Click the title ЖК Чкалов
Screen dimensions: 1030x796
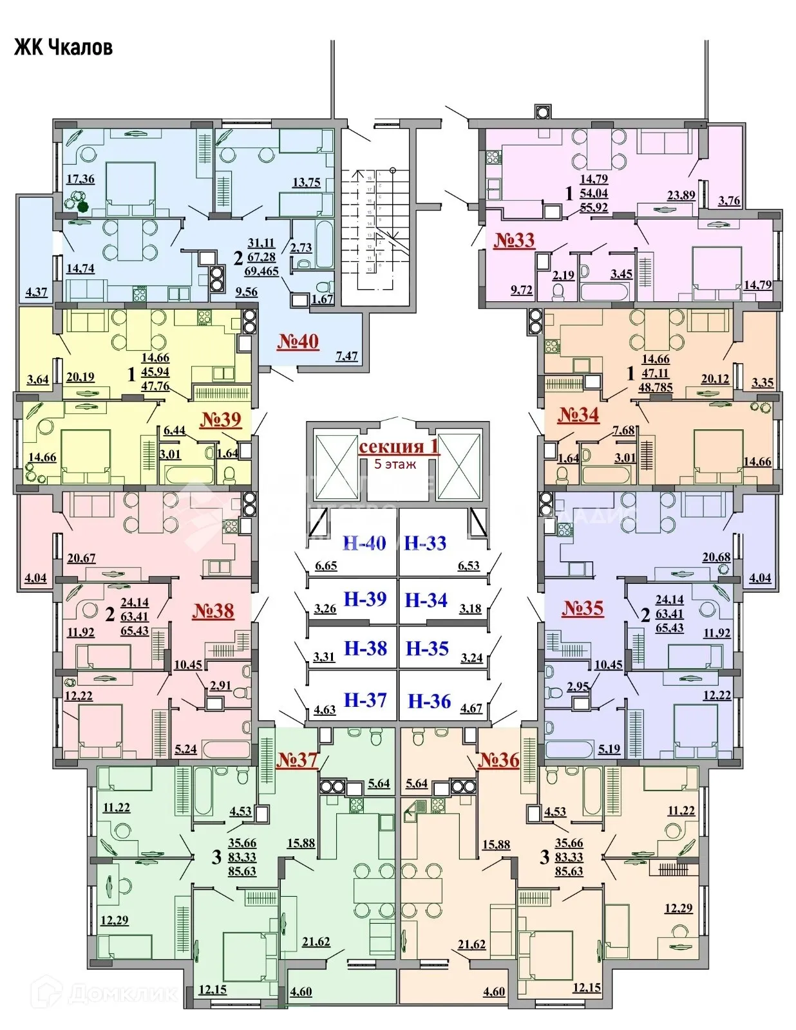[63, 48]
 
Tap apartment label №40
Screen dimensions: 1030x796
[298, 341]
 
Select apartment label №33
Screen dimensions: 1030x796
[514, 240]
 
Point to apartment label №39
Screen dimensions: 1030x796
[220, 420]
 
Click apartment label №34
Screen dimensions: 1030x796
[578, 415]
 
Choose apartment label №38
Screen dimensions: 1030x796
[213, 610]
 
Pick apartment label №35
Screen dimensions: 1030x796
[583, 608]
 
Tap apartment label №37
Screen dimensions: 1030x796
[297, 760]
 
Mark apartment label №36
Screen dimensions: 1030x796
[498, 760]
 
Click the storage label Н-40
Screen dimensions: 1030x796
[365, 543]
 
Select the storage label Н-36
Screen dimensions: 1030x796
[430, 701]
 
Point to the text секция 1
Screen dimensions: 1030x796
[399, 447]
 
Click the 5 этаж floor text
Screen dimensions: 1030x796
[395, 464]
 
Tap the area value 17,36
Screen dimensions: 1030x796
[80, 179]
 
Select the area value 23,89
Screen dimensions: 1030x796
[681, 195]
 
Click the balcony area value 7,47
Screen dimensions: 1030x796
[346, 356]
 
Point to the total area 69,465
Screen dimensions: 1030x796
[261, 271]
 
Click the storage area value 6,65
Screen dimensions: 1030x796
[326, 566]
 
